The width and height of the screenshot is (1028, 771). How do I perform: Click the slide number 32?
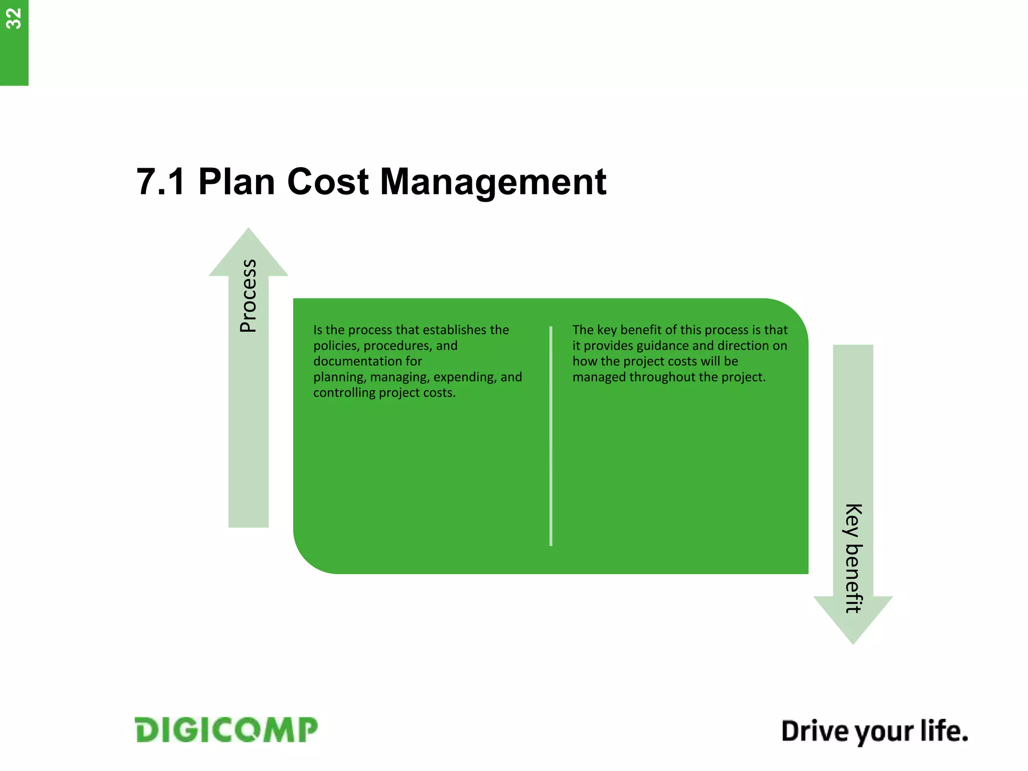[x=14, y=19]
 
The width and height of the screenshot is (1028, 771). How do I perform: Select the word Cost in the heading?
[x=328, y=182]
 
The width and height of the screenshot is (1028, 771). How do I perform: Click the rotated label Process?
[x=248, y=296]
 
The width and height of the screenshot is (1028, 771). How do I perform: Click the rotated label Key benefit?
[x=853, y=558]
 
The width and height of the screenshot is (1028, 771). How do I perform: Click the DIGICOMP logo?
[x=226, y=730]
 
